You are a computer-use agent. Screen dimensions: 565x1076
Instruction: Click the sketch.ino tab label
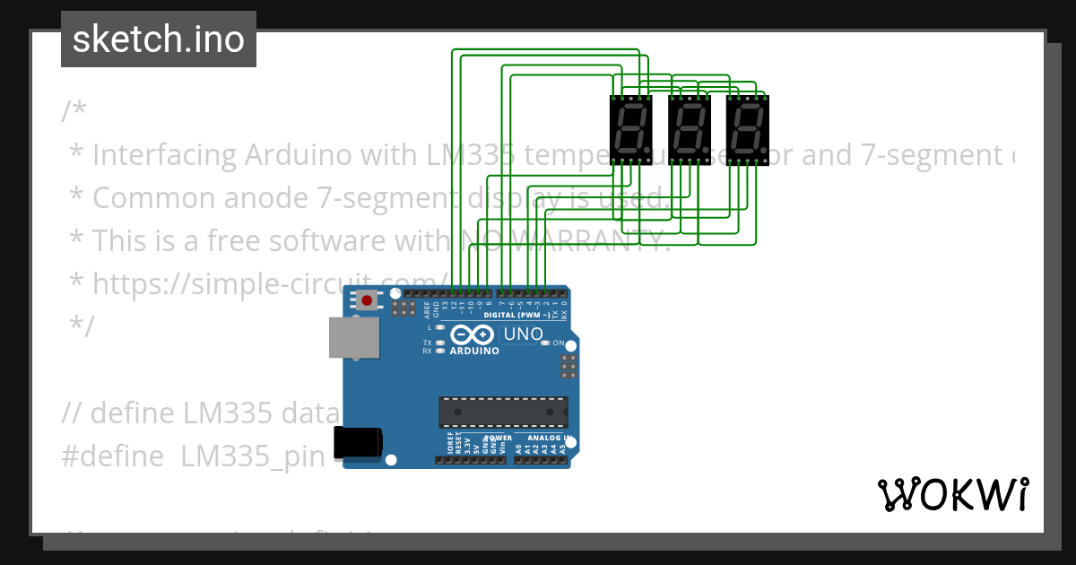[158, 39]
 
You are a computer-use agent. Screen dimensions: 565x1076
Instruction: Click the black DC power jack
[357, 443]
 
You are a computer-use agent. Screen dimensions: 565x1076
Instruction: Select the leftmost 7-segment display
[631, 130]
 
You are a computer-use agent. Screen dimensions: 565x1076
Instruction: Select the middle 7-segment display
[690, 130]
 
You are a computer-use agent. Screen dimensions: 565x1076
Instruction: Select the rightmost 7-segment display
[748, 130]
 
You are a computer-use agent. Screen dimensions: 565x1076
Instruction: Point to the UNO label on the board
[524, 335]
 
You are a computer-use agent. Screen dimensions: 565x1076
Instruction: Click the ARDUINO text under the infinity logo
[473, 352]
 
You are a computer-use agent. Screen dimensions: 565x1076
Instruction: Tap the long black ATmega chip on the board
[503, 412]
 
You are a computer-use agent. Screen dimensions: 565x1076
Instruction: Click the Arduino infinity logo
[473, 335]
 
